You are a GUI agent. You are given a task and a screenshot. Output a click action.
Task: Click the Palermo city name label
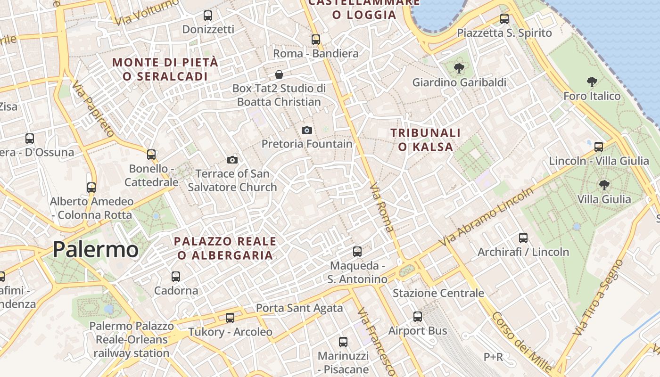(x=96, y=249)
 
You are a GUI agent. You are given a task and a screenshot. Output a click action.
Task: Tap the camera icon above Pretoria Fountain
(x=307, y=130)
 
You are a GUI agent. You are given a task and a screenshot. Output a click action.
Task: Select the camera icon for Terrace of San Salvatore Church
(x=232, y=160)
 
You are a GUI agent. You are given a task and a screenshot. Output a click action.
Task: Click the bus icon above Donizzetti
(x=208, y=16)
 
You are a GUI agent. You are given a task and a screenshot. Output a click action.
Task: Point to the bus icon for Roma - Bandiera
(x=316, y=40)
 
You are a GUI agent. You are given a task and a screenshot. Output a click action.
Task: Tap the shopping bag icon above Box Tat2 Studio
(x=279, y=74)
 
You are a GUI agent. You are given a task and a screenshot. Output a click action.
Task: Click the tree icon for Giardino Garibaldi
(x=459, y=69)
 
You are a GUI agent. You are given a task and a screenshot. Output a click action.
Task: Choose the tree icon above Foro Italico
(x=592, y=82)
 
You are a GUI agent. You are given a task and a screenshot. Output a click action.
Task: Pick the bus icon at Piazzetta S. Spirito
(x=504, y=19)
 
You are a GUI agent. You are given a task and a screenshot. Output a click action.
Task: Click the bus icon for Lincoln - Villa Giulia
(x=599, y=147)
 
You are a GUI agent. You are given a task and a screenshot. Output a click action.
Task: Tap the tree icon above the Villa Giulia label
(x=604, y=185)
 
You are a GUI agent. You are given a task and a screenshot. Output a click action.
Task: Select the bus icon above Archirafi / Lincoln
(x=523, y=238)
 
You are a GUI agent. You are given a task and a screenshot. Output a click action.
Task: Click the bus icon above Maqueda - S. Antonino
(x=357, y=252)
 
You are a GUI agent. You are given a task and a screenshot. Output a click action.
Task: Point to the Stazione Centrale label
(x=438, y=293)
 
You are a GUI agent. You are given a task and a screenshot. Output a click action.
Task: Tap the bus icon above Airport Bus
(x=418, y=317)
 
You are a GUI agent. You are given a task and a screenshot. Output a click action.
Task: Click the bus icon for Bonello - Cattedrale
(x=151, y=155)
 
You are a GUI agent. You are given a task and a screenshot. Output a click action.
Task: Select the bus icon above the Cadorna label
(x=176, y=277)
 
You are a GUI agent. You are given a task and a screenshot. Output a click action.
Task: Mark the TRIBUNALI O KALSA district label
(x=426, y=140)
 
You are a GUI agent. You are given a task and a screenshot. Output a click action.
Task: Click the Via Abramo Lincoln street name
(x=487, y=216)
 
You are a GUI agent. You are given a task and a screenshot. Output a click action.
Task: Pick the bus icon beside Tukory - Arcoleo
(x=230, y=318)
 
